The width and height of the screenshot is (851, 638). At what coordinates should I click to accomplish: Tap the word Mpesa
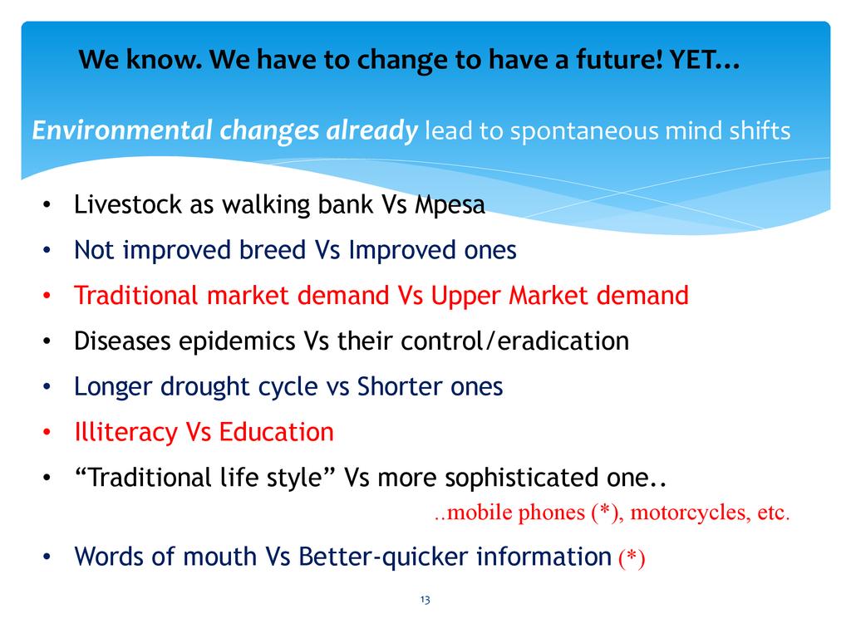(x=450, y=205)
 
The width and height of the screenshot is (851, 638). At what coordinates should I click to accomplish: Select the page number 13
(x=425, y=600)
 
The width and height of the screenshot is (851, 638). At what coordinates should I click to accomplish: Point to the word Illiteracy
(x=126, y=432)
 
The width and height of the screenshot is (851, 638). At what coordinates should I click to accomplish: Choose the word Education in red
(x=276, y=432)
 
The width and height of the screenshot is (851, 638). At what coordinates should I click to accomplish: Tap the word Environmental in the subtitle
(x=122, y=130)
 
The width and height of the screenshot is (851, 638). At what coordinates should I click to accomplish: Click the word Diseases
(x=123, y=341)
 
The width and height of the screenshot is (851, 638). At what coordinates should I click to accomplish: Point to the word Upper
(x=466, y=297)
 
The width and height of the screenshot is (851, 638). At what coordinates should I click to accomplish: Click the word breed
(x=273, y=250)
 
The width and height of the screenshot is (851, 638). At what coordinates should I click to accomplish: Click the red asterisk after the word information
(x=632, y=557)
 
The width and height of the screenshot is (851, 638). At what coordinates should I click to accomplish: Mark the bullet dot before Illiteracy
(x=47, y=432)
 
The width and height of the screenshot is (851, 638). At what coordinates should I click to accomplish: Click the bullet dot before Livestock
(x=47, y=205)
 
